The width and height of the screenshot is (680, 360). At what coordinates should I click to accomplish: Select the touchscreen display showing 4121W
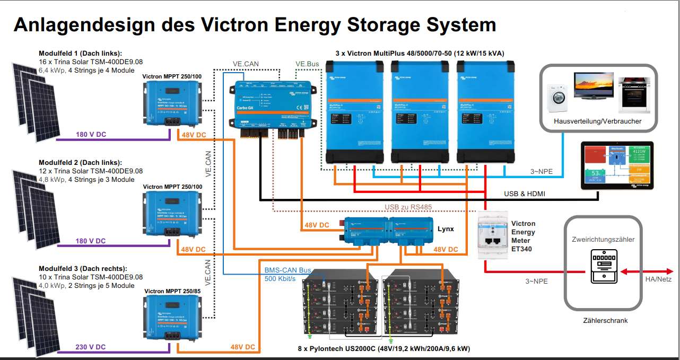(x=618, y=165)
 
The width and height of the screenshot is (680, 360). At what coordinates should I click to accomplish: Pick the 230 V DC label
(x=90, y=347)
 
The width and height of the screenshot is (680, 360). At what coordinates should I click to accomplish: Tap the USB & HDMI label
(x=524, y=194)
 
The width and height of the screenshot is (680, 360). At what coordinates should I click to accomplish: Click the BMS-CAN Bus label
(x=287, y=270)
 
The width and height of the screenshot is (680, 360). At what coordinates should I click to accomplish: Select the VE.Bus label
(x=308, y=64)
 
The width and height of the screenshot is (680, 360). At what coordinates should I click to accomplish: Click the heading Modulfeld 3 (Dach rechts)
(x=83, y=269)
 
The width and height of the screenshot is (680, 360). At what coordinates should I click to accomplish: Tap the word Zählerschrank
(x=605, y=320)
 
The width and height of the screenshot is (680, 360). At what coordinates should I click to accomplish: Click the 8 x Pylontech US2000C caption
(x=383, y=349)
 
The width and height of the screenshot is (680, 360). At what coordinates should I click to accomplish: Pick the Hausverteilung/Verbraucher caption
(x=597, y=121)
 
